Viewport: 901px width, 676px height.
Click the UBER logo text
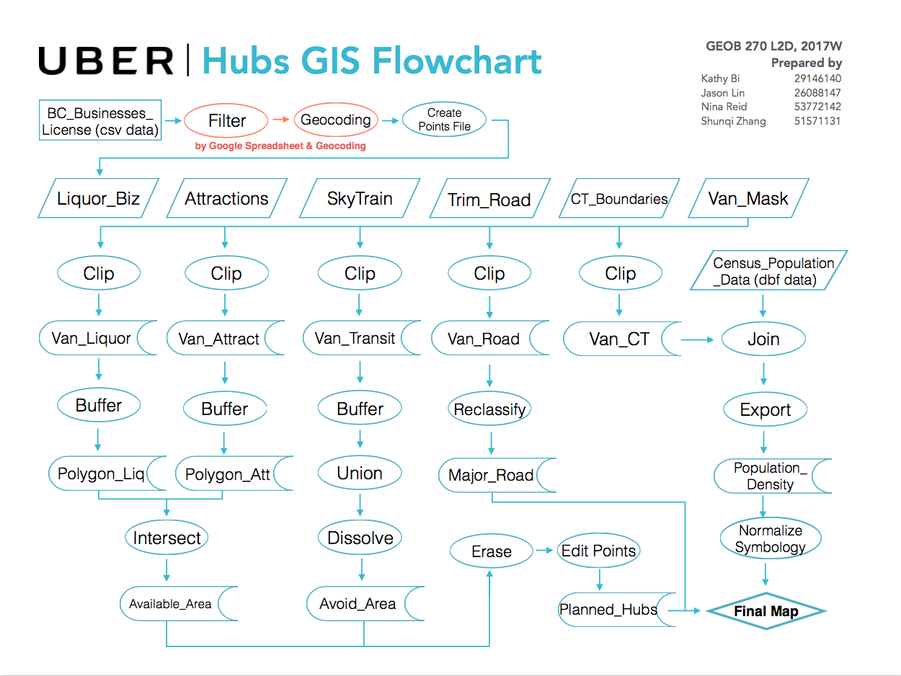(106, 61)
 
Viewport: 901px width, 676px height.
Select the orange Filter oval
(226, 120)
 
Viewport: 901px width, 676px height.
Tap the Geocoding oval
(335, 120)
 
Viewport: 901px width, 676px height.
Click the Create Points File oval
(444, 120)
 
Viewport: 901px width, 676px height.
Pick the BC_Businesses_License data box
(99, 120)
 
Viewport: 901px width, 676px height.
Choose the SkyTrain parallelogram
(360, 199)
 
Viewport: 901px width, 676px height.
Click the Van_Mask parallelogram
(748, 199)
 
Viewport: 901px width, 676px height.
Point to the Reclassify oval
(490, 410)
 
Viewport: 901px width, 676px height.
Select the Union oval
(360, 473)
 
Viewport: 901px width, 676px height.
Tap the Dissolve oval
(360, 538)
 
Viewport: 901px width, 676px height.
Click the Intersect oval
(167, 538)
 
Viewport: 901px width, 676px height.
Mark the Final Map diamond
(765, 612)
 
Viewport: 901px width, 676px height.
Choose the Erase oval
(491, 552)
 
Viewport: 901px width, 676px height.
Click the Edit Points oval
(598, 551)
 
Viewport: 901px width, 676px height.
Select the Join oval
(763, 339)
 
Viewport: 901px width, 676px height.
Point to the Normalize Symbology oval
(770, 539)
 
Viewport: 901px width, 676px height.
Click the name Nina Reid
(724, 107)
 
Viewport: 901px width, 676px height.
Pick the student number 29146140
(817, 79)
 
